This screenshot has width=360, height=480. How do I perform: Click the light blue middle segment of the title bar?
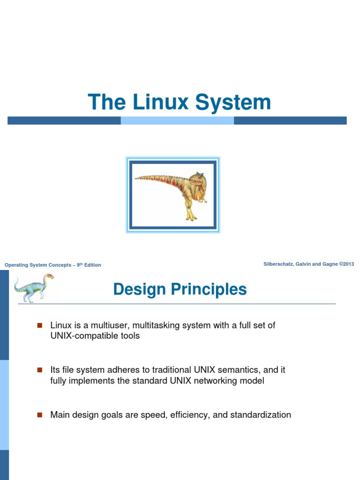tap(177, 120)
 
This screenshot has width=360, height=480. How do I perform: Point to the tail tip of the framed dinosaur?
tap(137, 178)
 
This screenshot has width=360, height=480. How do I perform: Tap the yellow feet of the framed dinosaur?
tap(191, 217)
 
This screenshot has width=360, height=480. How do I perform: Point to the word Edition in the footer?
tap(92, 265)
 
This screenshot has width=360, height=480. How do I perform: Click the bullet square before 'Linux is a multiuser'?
tap(39, 325)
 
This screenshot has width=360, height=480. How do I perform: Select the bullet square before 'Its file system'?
tap(39, 370)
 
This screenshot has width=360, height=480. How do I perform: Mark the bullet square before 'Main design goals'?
tap(39, 415)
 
